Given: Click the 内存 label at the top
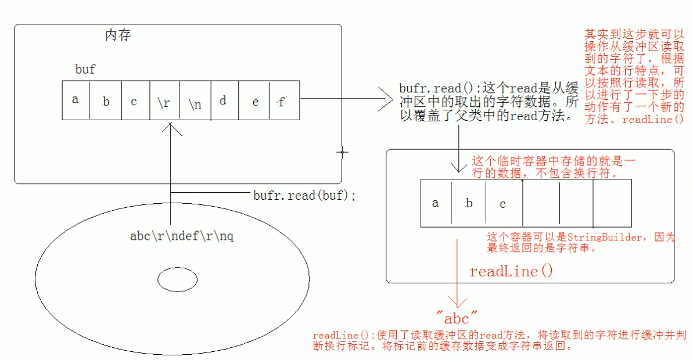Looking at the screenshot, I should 118,35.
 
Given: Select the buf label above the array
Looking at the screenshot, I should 85,70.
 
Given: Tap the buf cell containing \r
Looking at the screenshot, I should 164,100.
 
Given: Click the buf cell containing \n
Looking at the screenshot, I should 195,100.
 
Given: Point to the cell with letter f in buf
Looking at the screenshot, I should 284,100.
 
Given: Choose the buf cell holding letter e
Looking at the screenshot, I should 254,100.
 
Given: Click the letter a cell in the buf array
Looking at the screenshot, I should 76,100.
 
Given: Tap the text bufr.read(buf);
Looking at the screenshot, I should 304,196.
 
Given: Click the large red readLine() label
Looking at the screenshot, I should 511,271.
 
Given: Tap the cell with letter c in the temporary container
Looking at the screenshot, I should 502,204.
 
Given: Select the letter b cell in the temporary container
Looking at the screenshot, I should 469,204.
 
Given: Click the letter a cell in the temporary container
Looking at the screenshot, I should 436,204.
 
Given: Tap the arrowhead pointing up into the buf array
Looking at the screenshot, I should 170,128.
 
